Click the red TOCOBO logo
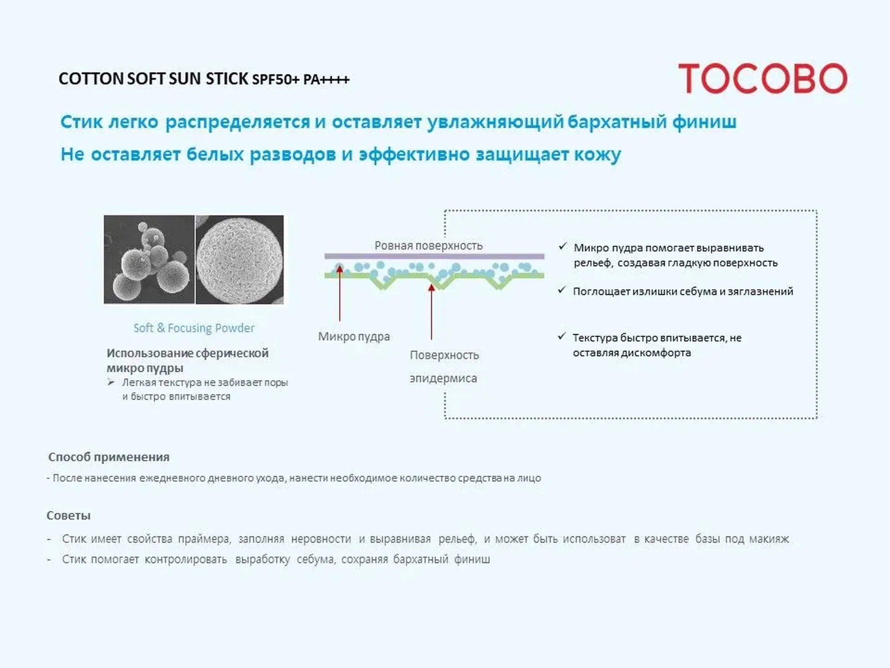tap(763, 78)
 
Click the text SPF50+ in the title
tap(276, 79)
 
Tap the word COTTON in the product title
tap(91, 78)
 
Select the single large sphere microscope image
tap(240, 259)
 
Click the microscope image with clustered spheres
tap(149, 259)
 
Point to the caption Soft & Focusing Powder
tap(194, 328)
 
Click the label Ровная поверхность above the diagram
tap(429, 245)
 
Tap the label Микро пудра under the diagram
tap(354, 337)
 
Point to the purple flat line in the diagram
tap(434, 256)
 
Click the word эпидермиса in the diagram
tap(443, 378)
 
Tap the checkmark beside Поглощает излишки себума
tap(562, 290)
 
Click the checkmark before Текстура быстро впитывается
tap(562, 336)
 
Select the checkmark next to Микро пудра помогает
tap(562, 246)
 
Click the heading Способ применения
tap(109, 457)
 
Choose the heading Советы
tap(68, 516)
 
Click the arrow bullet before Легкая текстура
tap(111, 382)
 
